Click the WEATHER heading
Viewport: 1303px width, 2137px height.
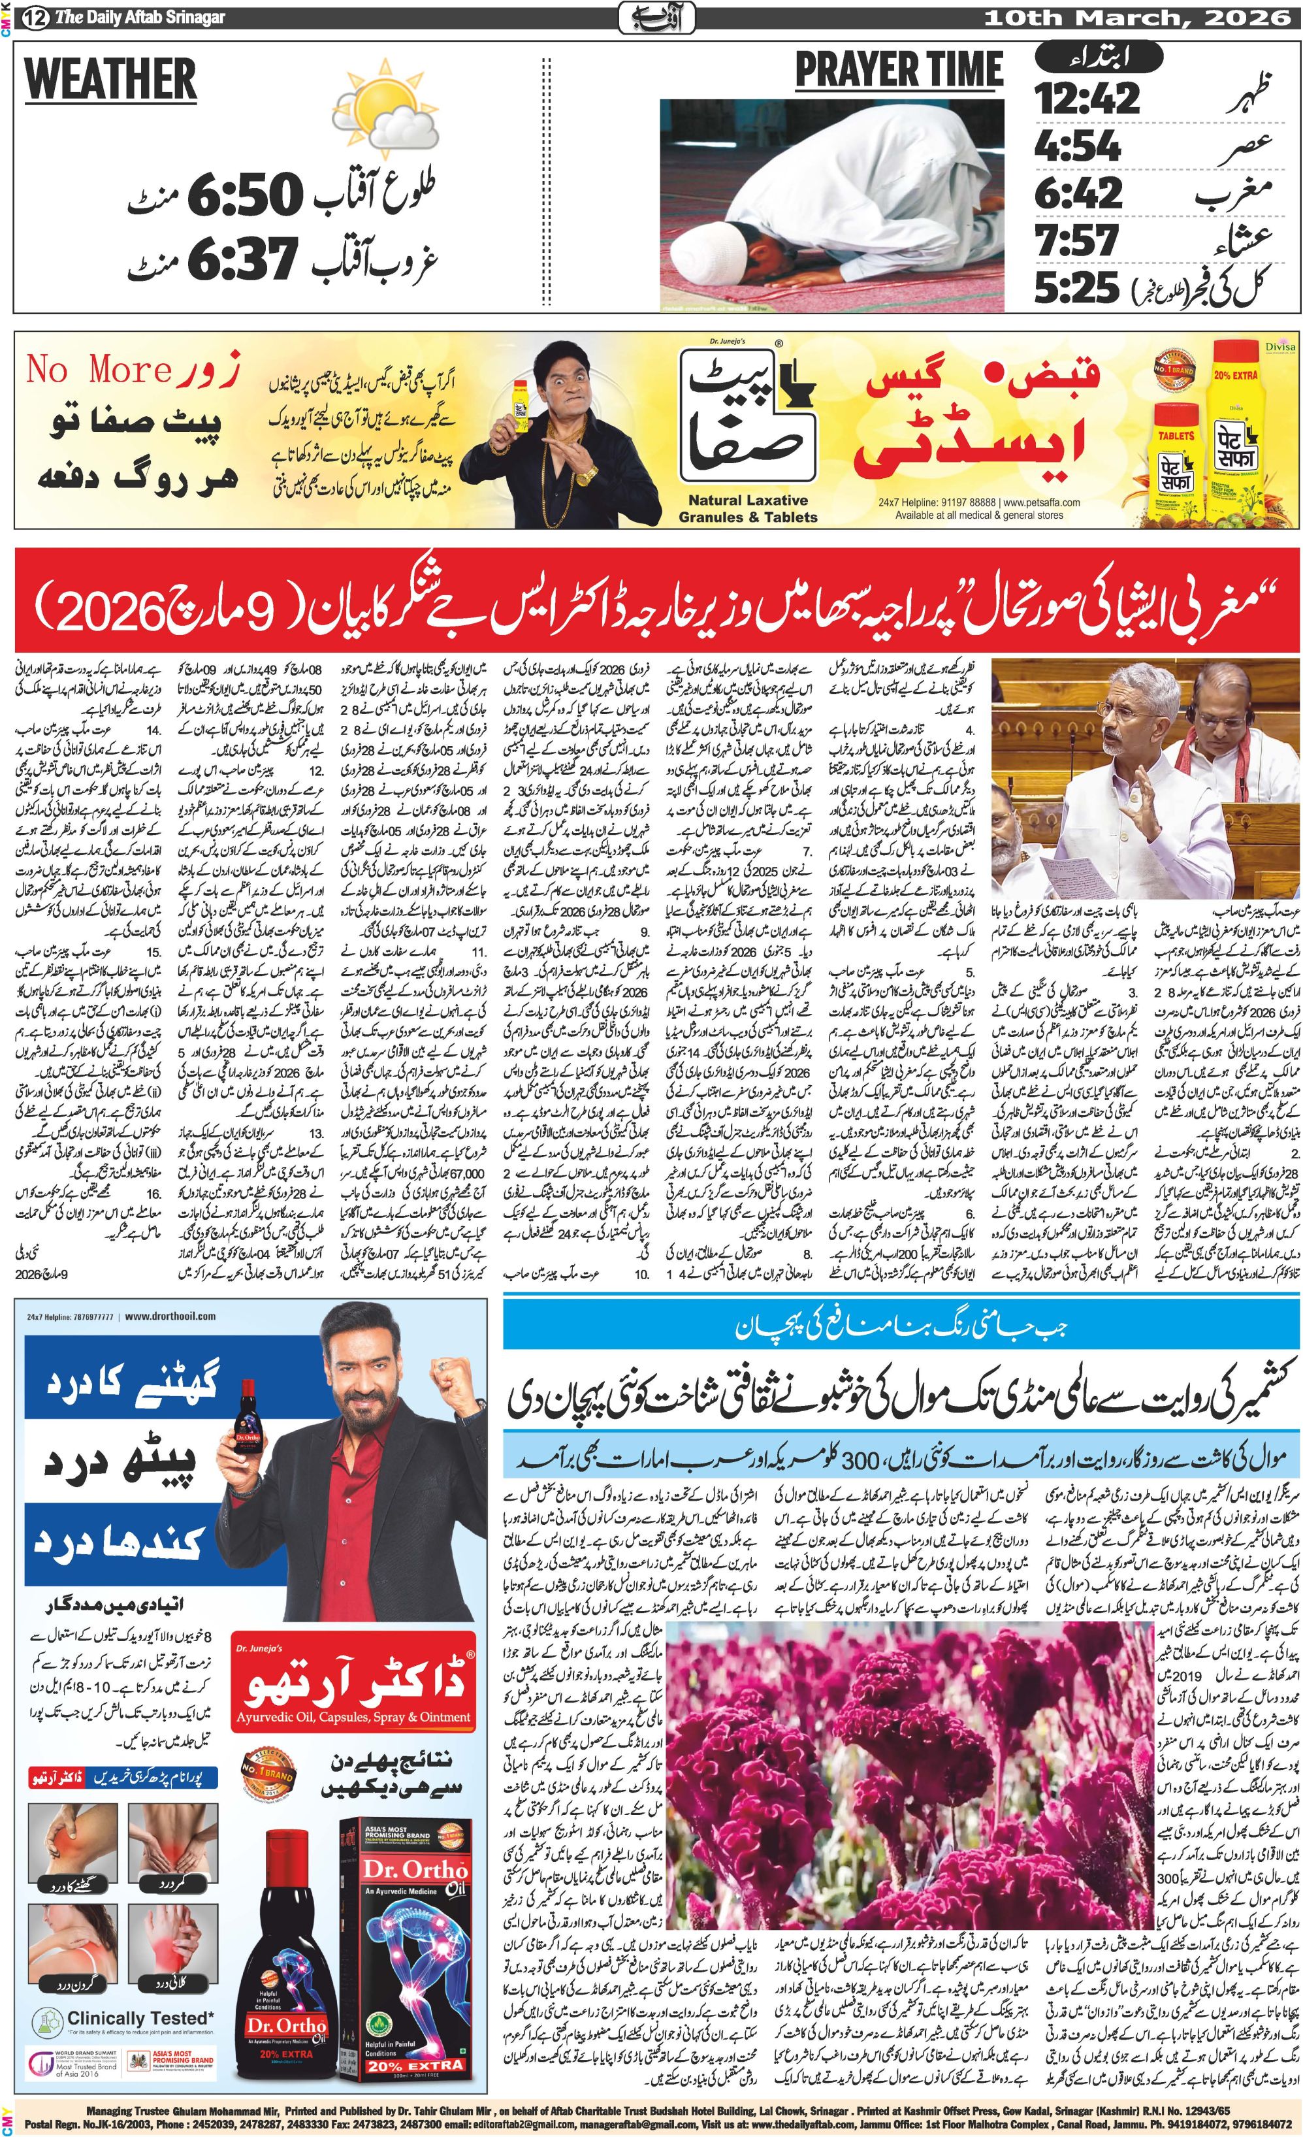tap(111, 80)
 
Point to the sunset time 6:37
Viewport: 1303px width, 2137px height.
tap(244, 259)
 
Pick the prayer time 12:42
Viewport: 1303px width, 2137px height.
tap(1086, 97)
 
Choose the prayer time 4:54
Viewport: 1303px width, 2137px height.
tap(1078, 146)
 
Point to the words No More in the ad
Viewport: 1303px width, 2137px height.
tap(99, 370)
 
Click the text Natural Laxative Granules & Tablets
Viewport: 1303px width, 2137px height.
tap(747, 509)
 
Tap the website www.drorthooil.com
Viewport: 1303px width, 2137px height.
tap(170, 1316)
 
